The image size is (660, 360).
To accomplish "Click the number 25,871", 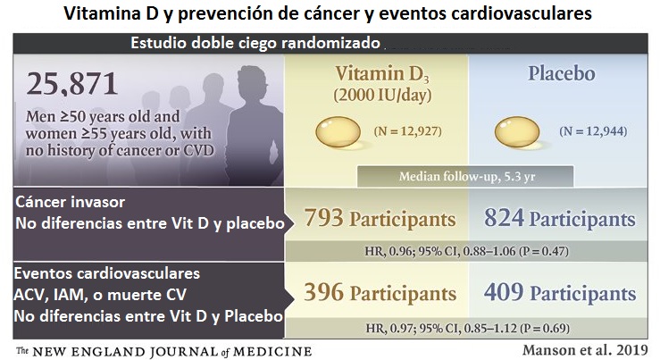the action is pos(72,84).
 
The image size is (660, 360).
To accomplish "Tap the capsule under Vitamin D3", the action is pos(338,132).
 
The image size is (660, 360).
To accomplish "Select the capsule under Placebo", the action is pos(517,132).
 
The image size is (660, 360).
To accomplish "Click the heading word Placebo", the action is pos(562,73).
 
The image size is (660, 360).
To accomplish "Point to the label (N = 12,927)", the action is pos(408,131).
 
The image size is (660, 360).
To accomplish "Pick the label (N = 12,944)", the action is pos(593,131).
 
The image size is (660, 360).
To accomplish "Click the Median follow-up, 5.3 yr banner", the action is pos(465,176).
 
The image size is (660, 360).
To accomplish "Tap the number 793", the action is pos(323,218).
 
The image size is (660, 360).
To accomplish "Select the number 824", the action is pos(504,218).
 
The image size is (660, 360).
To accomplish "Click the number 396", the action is pos(323,292).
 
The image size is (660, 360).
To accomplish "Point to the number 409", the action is pos(504,292).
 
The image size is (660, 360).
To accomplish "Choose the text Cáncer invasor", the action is pos(71,202).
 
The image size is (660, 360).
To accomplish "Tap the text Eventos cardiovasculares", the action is pos(107,273).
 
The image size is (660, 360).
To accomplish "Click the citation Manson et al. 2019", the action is pos(585,350).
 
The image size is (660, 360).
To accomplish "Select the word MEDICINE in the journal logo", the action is pos(272,352).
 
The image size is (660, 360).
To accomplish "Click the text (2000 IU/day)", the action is pos(382,96).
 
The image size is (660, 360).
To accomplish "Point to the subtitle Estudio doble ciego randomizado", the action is pos(255,43).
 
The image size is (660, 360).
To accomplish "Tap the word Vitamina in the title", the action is pos(103,13).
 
